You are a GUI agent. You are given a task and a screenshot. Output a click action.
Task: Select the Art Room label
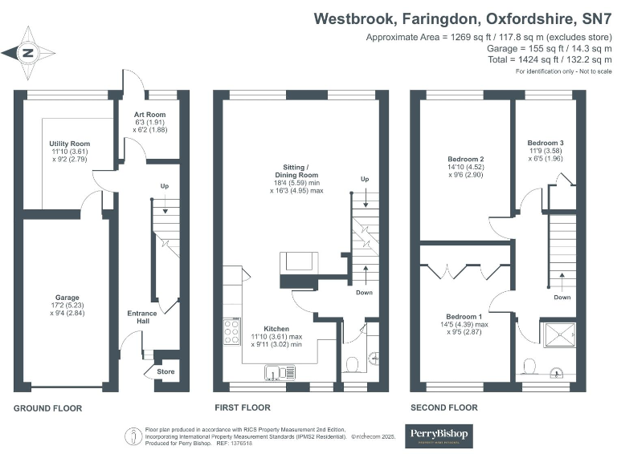149,115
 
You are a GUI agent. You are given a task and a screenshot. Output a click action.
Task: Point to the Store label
165,371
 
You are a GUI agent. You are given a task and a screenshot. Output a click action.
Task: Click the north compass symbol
28,53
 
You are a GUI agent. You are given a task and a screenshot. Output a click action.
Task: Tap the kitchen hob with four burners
232,330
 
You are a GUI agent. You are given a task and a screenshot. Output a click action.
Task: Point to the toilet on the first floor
351,366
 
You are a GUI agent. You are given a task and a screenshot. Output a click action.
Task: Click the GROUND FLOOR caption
47,408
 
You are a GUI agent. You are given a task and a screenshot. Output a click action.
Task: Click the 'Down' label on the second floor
562,297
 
